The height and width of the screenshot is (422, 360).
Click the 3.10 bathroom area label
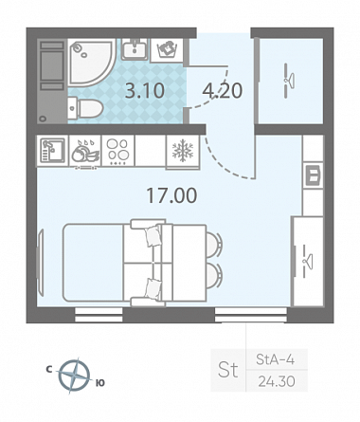(x=145, y=91)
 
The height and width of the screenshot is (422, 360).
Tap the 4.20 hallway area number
(x=223, y=91)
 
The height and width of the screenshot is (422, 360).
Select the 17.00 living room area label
(x=171, y=195)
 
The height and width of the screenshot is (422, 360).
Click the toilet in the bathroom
(x=85, y=108)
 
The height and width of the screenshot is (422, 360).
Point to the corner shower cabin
(x=92, y=63)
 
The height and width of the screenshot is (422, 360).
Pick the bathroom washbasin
(x=135, y=49)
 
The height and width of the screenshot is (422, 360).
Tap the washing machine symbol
(x=167, y=49)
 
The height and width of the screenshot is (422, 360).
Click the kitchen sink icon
(x=53, y=151)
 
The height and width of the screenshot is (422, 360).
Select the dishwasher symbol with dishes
(x=85, y=151)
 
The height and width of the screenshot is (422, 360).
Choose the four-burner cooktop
(x=117, y=151)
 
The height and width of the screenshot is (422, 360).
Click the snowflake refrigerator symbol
(x=183, y=151)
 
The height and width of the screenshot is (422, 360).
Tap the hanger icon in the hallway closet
(x=288, y=81)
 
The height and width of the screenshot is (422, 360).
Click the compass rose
(x=74, y=376)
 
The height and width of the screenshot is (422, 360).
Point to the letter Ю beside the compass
(x=99, y=383)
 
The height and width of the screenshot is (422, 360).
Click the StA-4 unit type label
(x=275, y=359)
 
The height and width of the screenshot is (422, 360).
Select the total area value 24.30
(x=277, y=381)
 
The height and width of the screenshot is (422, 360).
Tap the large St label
(x=227, y=370)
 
